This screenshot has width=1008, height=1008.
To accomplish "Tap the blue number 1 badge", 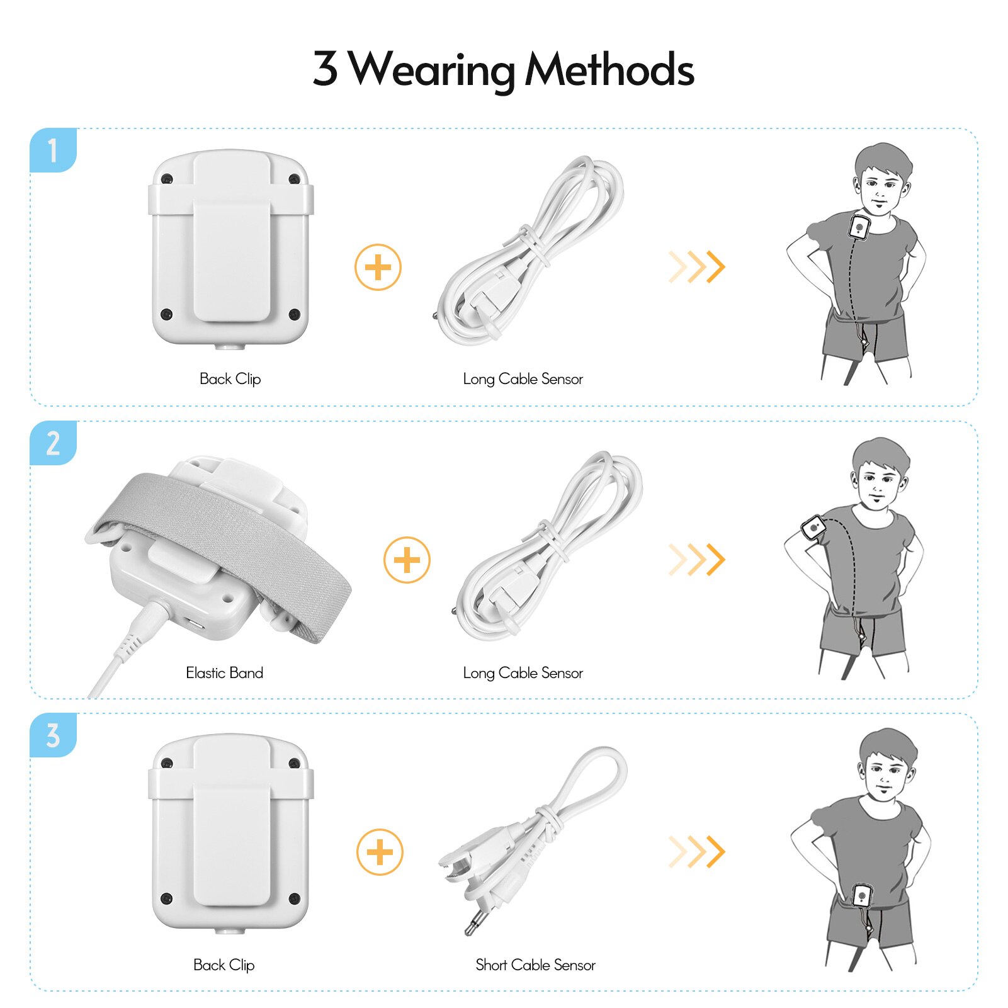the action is [x=53, y=150].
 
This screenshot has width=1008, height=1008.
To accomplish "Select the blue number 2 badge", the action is [x=53, y=443].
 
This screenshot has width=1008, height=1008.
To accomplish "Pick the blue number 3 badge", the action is [x=53, y=735].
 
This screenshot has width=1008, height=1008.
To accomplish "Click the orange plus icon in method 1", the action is [x=378, y=267].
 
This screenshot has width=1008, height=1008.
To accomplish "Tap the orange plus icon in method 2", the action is [x=407, y=560].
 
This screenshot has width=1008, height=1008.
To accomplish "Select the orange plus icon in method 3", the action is [x=380, y=852].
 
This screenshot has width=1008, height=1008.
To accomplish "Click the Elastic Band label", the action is [x=224, y=672].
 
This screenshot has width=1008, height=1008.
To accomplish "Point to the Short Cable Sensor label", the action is [x=535, y=965].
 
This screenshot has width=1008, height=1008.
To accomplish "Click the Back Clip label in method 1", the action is [x=230, y=378].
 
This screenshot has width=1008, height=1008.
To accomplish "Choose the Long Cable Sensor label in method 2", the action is [x=523, y=673].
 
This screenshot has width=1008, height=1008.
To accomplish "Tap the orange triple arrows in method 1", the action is [x=697, y=267].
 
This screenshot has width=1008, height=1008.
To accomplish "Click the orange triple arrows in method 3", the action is [x=697, y=852].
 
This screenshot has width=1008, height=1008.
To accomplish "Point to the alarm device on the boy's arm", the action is [x=813, y=526].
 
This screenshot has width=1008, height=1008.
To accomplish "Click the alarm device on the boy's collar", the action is [x=859, y=227].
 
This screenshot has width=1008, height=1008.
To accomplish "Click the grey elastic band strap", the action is [x=220, y=535].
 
